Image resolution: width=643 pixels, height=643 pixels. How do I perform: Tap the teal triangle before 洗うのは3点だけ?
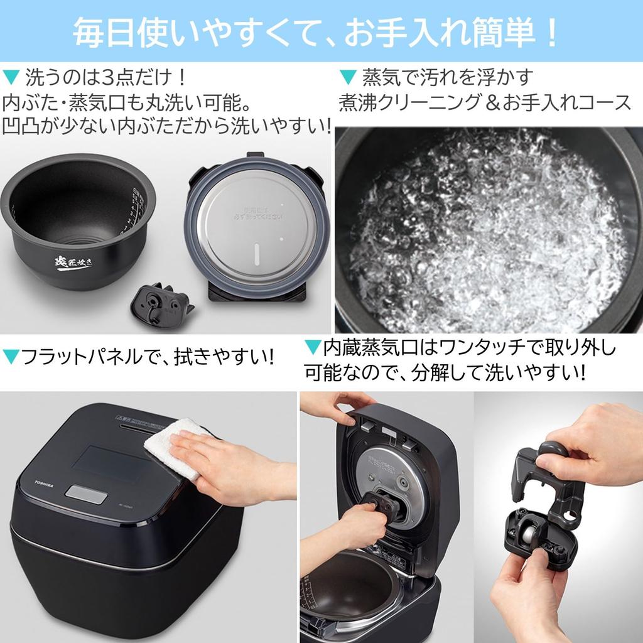11,80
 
